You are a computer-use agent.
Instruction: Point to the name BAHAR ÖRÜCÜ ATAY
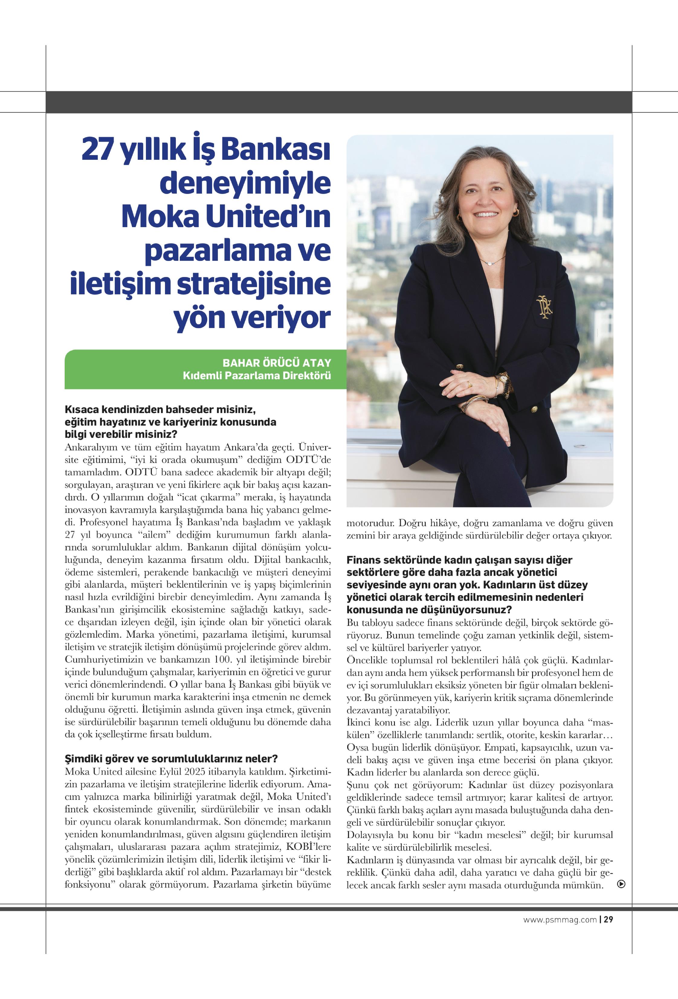[276, 363]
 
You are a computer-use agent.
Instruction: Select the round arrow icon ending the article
[621, 884]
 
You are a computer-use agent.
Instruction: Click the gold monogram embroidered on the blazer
[544, 307]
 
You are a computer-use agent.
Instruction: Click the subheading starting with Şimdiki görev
[171, 758]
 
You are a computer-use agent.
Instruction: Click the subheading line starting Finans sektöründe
[459, 560]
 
